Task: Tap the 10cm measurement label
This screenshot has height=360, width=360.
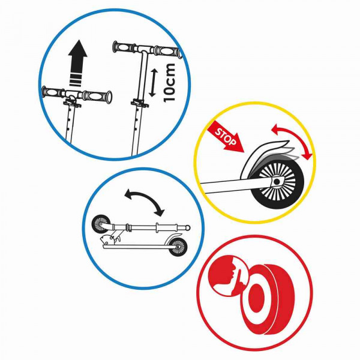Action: pos(169,82)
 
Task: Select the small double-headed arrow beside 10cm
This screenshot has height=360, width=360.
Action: pos(152,82)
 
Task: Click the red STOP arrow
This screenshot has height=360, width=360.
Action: pos(225,137)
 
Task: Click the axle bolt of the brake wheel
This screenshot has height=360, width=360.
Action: pos(277,182)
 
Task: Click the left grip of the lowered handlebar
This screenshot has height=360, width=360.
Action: pos(51,92)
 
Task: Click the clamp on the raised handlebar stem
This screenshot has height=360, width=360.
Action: pos(140,103)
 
